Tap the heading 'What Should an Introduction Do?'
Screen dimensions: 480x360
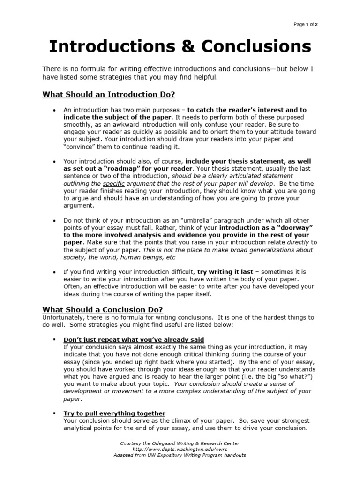tap(108, 95)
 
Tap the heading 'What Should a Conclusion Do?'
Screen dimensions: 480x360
tap(103, 309)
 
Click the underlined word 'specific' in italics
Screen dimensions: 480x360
tap(113, 184)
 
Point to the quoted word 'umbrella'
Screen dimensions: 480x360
tap(201, 220)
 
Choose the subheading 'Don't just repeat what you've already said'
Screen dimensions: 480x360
tap(134, 339)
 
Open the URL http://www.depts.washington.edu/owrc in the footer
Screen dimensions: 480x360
tap(180, 449)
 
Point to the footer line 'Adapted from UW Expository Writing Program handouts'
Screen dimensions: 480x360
tap(180, 455)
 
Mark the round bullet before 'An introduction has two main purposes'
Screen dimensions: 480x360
tap(54, 110)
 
